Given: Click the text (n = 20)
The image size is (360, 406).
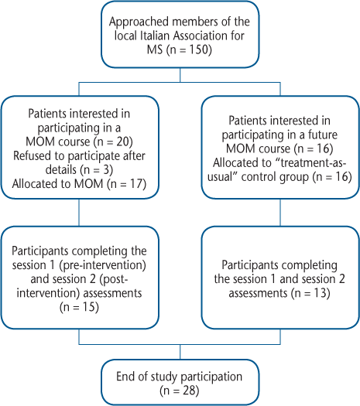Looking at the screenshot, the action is point(113,142).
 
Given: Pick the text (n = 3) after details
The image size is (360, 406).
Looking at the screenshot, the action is point(97,169).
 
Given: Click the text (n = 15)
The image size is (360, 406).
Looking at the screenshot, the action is point(79,307).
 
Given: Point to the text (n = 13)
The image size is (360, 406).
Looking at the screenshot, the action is point(310,293).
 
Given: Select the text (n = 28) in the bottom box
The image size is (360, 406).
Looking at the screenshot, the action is point(180,391).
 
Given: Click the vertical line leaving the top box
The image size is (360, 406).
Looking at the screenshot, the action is point(180,75).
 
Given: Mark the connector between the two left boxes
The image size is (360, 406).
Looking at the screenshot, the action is point(79,213).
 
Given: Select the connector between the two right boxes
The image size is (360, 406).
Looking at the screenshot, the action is point(280,213).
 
